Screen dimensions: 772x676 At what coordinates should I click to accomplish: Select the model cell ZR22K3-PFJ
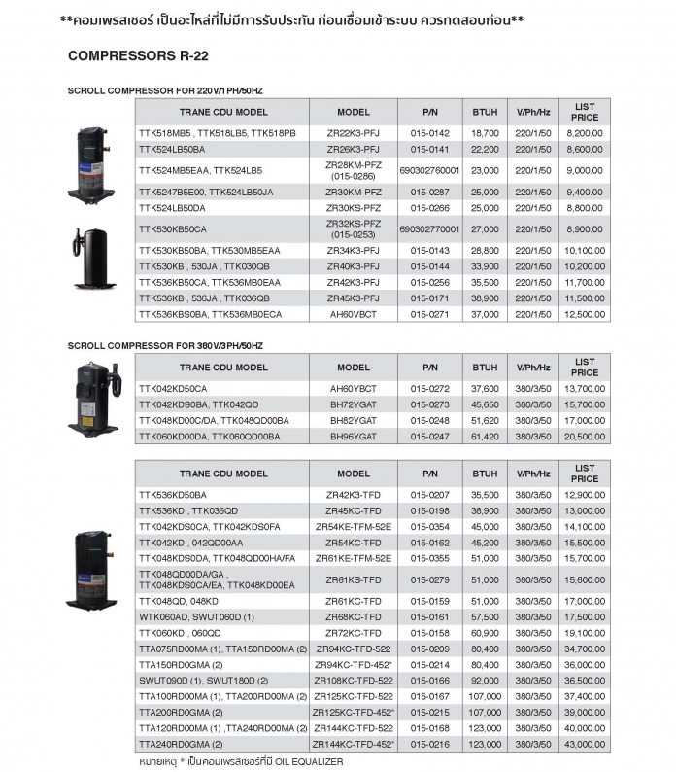[354, 132]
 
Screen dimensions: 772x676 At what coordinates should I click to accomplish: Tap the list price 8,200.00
[585, 132]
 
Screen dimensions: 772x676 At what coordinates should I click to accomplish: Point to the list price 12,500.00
[585, 314]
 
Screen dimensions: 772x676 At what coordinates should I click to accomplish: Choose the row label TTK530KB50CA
[173, 229]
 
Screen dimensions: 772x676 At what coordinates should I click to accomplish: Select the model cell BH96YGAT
[354, 437]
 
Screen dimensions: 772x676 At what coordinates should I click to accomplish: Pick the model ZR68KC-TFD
[354, 616]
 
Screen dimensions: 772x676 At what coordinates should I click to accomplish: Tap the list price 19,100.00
[585, 632]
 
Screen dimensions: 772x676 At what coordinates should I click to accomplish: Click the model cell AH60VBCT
[354, 314]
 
